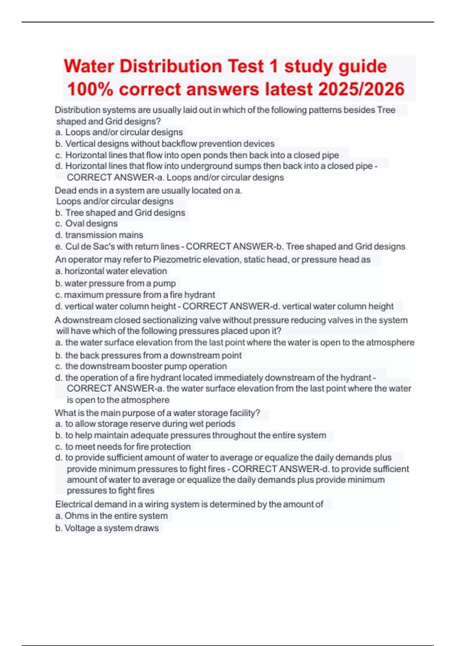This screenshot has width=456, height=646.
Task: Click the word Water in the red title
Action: point(89,66)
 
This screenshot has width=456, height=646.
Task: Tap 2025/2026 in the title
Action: point(361,90)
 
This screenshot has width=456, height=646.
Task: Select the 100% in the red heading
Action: point(90,90)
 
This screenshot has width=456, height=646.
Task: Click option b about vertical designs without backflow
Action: point(165,144)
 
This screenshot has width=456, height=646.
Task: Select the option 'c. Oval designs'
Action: point(86,223)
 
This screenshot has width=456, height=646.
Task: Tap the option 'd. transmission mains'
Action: point(99,235)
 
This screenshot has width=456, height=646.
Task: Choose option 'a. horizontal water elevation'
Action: point(111,271)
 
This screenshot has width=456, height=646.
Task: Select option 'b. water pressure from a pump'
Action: point(115,283)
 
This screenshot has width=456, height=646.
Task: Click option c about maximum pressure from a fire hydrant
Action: point(135,295)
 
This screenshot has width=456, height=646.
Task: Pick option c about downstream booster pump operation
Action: point(141,366)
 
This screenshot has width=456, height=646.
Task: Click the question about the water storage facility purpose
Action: point(157,413)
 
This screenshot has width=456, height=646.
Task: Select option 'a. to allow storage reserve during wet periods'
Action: point(145,424)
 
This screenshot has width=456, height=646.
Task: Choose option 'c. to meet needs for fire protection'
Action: point(123,446)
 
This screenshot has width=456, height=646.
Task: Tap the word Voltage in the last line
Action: point(80,528)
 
